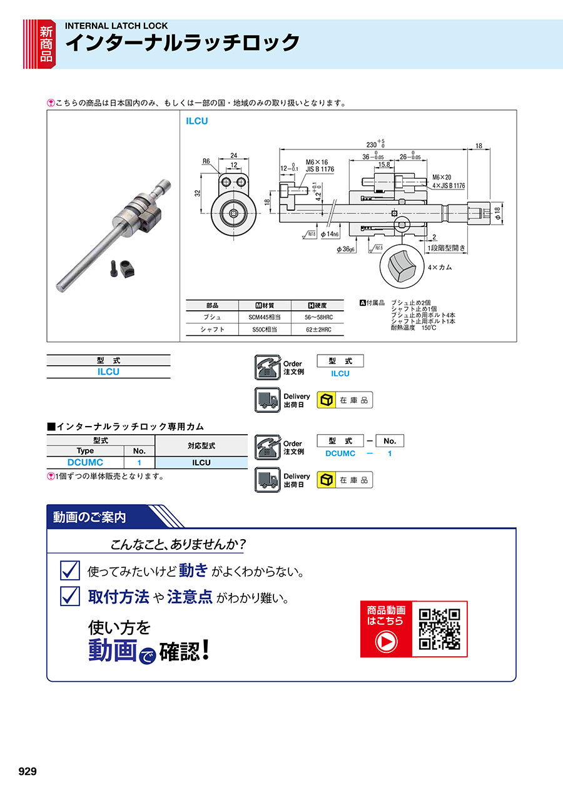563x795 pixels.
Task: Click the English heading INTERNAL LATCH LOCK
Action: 116,26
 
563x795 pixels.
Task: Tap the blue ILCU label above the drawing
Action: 196,121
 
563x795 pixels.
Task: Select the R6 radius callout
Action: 206,161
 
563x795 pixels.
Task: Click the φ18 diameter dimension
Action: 498,213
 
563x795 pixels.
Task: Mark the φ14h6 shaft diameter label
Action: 330,234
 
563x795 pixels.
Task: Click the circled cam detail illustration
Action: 402,266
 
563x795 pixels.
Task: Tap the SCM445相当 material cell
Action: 265,317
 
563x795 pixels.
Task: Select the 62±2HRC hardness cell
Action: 318,330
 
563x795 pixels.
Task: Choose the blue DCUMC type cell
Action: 85,462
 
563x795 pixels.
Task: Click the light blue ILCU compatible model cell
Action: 201,463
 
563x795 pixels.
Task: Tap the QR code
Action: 440,629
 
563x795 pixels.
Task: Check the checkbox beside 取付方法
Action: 70,596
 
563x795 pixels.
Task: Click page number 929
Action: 28,771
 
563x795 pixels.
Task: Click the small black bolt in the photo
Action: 114,269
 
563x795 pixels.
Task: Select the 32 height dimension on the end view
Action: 198,193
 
